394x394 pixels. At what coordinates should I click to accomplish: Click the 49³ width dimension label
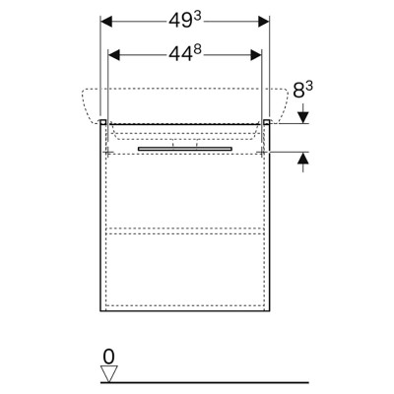point(185,21)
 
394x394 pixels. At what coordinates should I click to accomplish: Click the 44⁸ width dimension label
point(185,54)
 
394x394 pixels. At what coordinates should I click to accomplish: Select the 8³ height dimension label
point(303,90)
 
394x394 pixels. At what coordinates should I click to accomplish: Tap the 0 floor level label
point(108,357)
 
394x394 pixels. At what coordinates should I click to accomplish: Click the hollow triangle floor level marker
point(109,373)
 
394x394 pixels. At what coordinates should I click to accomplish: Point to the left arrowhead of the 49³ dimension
point(106,22)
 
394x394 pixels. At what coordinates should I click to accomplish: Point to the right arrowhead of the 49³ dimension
point(263,22)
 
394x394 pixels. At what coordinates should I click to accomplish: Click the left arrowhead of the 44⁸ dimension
point(114,55)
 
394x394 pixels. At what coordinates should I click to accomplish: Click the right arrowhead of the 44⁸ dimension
point(256,55)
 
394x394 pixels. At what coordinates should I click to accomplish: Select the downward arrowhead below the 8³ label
point(303,117)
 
